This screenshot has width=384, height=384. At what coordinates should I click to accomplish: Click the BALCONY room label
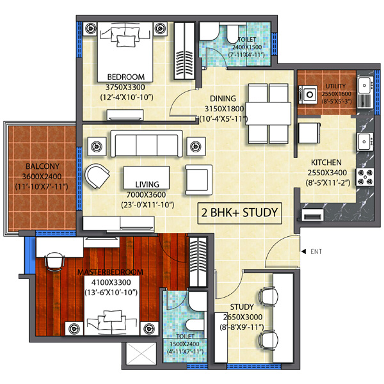tap(42, 166)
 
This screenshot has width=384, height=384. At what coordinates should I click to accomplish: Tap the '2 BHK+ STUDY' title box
tap(239, 213)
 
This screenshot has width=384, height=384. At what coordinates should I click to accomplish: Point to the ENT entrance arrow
tap(303, 252)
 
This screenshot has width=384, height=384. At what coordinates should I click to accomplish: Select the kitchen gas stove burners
tap(365, 177)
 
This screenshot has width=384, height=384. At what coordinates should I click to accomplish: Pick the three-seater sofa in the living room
tap(147, 143)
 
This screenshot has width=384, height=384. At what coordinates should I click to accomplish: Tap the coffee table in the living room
tap(147, 177)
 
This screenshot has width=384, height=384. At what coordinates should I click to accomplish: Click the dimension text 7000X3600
tap(146, 195)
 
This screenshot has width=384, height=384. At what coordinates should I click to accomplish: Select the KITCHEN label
tap(326, 163)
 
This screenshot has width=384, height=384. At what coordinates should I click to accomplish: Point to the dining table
tap(268, 114)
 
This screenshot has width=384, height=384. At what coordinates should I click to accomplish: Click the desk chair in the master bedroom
tap(54, 262)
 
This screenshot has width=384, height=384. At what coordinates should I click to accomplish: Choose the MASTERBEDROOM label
tap(110, 272)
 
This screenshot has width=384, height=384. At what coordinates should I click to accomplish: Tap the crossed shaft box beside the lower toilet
tap(141, 354)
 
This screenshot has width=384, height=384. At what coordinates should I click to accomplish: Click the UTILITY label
tap(335, 86)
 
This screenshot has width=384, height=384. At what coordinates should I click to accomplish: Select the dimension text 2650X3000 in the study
tap(243, 317)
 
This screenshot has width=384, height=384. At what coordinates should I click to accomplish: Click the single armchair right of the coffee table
tap(198, 180)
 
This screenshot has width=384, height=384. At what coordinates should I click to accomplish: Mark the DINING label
tap(223, 99)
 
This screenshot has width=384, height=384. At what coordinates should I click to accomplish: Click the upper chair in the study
tap(268, 296)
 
